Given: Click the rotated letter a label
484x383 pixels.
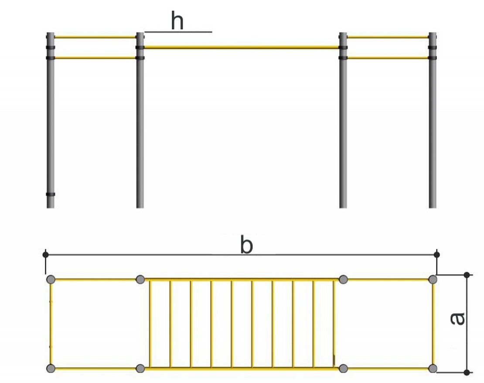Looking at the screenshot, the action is click(457, 319).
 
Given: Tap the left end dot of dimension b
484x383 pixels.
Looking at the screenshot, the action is click(46, 255).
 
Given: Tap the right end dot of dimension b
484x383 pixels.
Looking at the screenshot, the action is click(436, 255).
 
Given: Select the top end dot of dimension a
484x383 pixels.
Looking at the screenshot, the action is click(467, 275).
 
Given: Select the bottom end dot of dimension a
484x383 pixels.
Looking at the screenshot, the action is click(467, 373).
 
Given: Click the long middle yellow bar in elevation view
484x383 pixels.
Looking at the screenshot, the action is click(242, 47).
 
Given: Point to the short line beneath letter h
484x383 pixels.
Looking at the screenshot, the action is click(178, 31).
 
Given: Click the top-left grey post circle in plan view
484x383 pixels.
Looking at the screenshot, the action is click(51, 280).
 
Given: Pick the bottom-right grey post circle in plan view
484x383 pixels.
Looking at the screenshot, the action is click(433, 368).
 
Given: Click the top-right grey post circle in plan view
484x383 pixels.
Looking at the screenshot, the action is click(433, 280).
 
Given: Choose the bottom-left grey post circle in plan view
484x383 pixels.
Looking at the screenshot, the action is click(51, 368).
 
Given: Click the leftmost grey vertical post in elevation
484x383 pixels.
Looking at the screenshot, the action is click(51, 120).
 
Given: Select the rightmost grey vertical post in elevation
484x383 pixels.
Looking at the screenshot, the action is click(433, 120).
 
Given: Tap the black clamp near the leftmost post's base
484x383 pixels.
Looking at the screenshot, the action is click(51, 195).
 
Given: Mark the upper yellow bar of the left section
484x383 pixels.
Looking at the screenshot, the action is click(95, 37).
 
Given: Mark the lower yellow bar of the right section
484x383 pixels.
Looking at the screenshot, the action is click(388, 58).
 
